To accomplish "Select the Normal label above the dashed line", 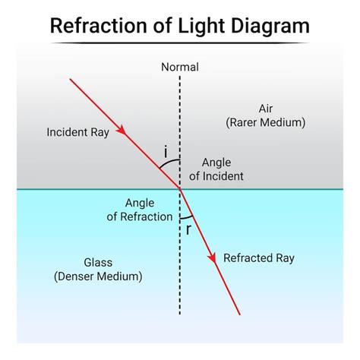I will pyautogui.click(x=180, y=67).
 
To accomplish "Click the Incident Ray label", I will pyautogui.click(x=77, y=131).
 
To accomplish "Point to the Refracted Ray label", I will pyautogui.click(x=258, y=258).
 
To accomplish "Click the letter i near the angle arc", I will pyautogui.click(x=166, y=152).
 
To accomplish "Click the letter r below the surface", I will pyautogui.click(x=188, y=230).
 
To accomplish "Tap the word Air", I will pyautogui.click(x=265, y=108).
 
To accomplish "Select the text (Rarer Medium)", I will pyautogui.click(x=265, y=122).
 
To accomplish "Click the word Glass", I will pyautogui.click(x=98, y=263).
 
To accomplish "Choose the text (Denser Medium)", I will pyautogui.click(x=98, y=277).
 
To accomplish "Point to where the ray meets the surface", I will pyautogui.click(x=180, y=188).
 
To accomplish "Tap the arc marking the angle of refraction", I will pyautogui.click(x=188, y=217).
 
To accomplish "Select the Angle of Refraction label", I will pyautogui.click(x=139, y=209).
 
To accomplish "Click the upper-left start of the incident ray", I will pyautogui.click(x=71, y=79).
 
